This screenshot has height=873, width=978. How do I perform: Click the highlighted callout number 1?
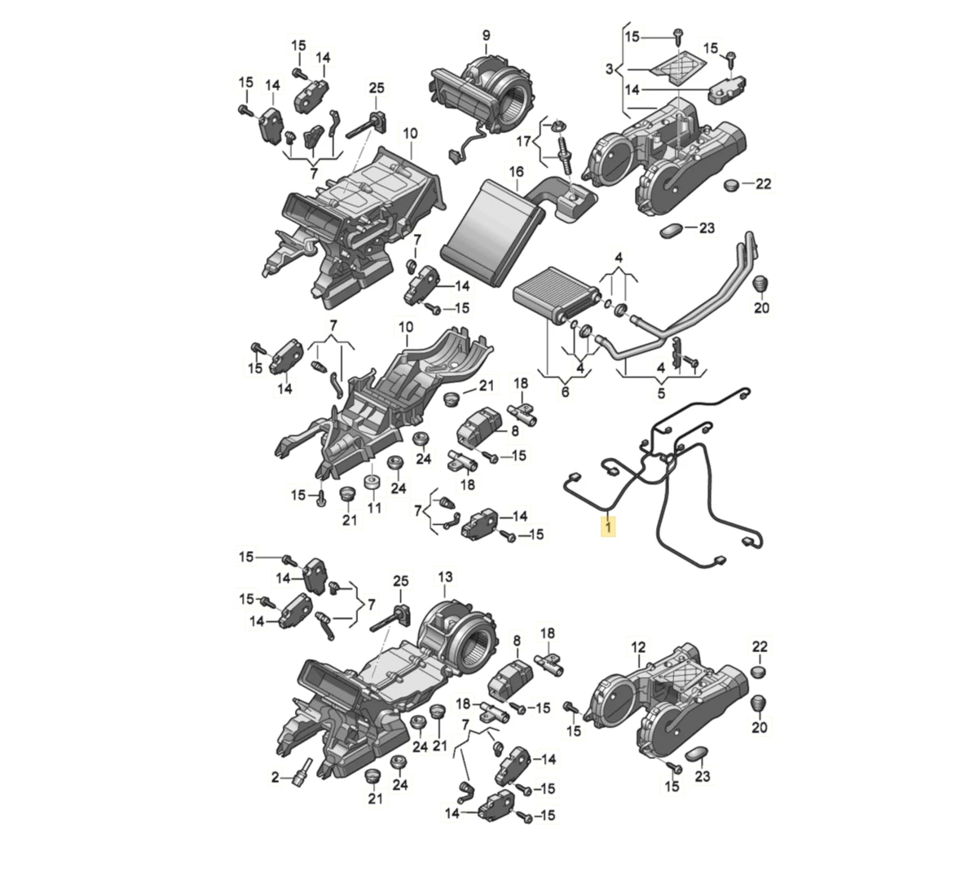608,527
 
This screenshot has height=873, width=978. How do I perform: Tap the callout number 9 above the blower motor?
486,35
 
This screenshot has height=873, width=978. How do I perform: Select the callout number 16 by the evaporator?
516,171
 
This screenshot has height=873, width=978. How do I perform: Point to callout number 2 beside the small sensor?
275,778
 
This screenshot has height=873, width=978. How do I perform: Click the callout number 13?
445,576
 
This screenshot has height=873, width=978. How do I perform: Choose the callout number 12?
638,646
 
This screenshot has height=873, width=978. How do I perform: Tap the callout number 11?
374,508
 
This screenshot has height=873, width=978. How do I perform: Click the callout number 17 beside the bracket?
523,142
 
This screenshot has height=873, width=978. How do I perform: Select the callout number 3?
609,69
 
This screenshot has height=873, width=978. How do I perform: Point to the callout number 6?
566,391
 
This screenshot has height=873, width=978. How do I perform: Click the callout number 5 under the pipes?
661,394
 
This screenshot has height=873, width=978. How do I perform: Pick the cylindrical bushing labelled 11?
372,483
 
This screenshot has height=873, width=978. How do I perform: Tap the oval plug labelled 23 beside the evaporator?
671,230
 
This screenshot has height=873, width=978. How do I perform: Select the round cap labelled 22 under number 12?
760,671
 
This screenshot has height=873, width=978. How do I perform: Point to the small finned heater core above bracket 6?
556,294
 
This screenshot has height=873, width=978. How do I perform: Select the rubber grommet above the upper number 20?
760,284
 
